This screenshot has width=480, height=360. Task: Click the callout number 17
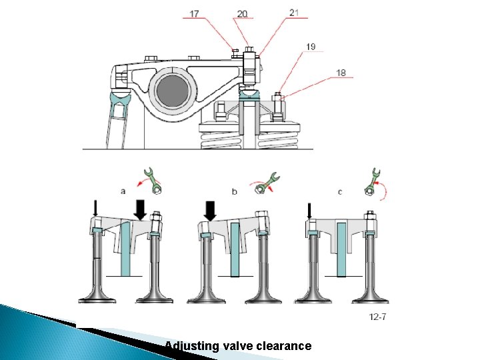194,13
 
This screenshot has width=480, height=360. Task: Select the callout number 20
242,13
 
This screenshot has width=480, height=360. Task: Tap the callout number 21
295,12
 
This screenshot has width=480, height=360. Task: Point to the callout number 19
311,47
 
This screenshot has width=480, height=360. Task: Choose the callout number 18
341,73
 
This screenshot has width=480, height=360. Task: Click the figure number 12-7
377,317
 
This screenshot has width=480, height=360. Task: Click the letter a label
123,191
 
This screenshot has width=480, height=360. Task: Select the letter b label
235,191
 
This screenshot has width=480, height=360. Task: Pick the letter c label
340,191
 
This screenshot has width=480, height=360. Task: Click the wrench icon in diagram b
267,183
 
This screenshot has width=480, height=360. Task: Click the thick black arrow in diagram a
141,209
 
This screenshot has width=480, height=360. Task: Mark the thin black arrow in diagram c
309,211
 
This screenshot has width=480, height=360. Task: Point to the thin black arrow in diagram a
95,209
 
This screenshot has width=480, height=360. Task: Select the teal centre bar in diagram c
342,249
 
